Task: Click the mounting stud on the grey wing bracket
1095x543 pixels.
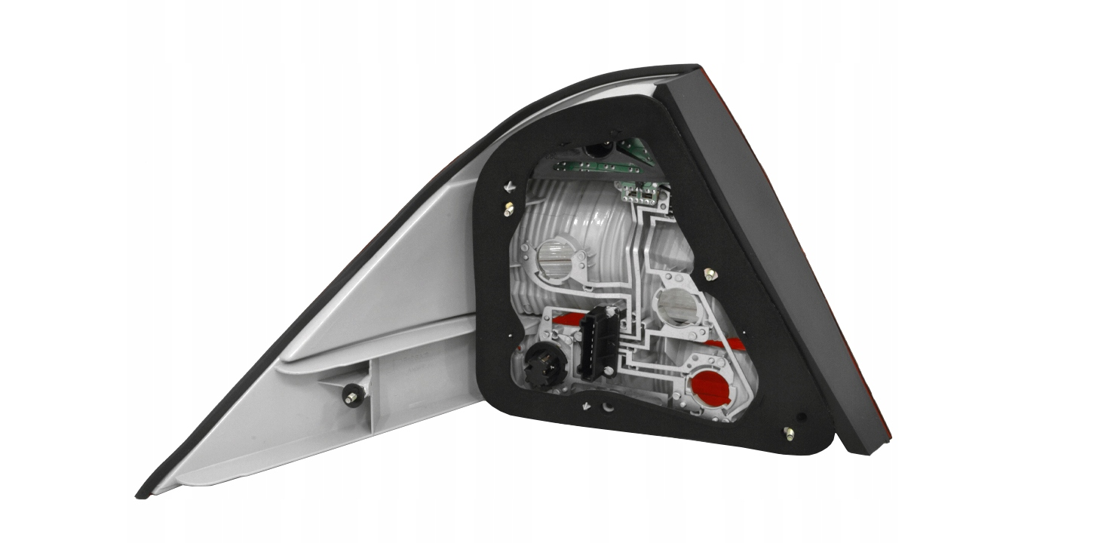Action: [x=351, y=395]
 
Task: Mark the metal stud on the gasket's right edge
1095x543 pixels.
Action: [x=709, y=274]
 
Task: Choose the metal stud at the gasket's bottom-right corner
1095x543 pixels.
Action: [x=788, y=432]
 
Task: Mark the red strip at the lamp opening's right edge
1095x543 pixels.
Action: [x=735, y=345]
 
